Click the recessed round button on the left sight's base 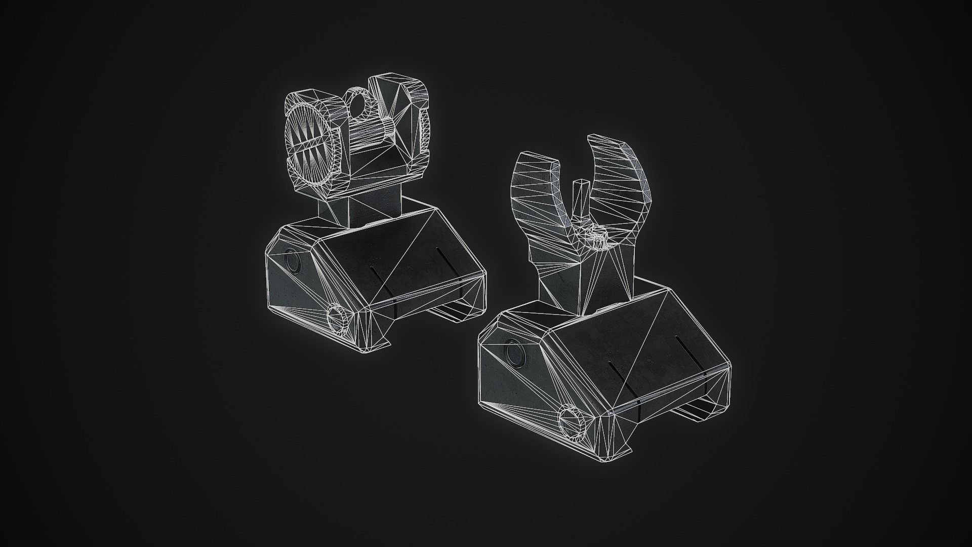(293, 261)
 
